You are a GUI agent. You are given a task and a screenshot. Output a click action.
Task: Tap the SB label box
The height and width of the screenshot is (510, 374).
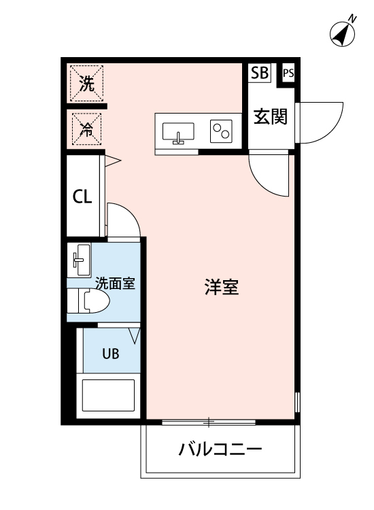click(x=260, y=73)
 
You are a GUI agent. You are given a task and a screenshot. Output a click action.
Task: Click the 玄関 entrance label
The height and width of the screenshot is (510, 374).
click(x=271, y=117)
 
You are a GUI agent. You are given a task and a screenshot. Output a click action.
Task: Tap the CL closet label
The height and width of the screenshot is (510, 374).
click(x=83, y=197)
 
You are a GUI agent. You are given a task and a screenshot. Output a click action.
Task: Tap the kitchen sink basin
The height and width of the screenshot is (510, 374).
click(x=180, y=131)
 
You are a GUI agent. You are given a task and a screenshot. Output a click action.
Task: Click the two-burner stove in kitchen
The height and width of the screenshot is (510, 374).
click(x=221, y=131)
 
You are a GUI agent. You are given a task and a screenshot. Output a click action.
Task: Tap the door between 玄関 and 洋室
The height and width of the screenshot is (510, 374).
click(x=270, y=174)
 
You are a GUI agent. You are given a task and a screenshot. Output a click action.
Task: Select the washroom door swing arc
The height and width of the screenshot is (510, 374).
click(x=124, y=220)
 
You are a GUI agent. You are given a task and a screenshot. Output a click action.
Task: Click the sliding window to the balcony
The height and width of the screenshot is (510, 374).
click(x=209, y=423)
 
